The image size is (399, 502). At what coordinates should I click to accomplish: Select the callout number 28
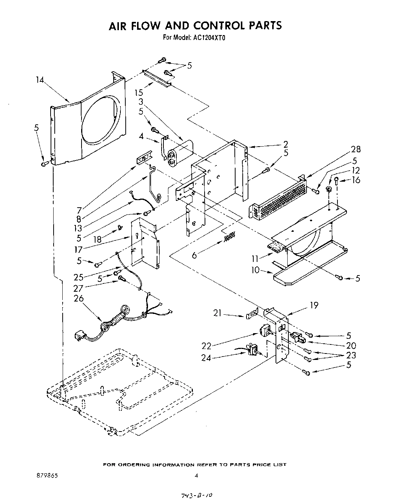point(355,149)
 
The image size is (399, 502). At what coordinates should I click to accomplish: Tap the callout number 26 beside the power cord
point(79,298)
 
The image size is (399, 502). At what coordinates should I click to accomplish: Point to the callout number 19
point(314,305)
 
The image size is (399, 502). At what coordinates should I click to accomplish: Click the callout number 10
point(255,270)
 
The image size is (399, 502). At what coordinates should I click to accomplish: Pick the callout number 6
point(194,255)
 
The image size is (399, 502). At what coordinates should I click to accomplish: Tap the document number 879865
point(45,476)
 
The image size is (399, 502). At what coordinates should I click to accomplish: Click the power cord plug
point(80,335)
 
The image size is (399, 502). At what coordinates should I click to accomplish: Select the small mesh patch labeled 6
point(229,237)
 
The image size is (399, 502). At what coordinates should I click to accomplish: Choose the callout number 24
point(206,358)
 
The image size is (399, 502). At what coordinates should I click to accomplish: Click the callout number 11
point(256,259)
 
